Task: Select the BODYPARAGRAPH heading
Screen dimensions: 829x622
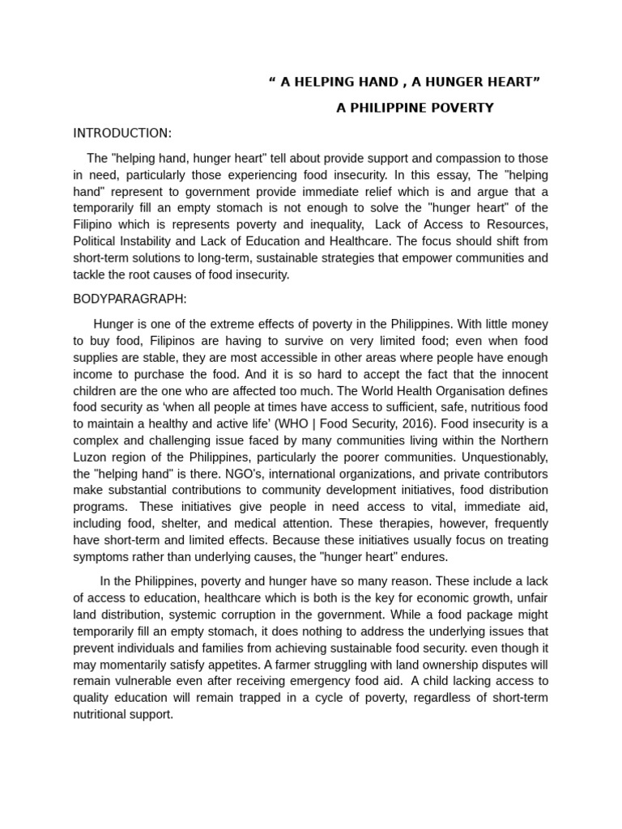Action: pos(130,299)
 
